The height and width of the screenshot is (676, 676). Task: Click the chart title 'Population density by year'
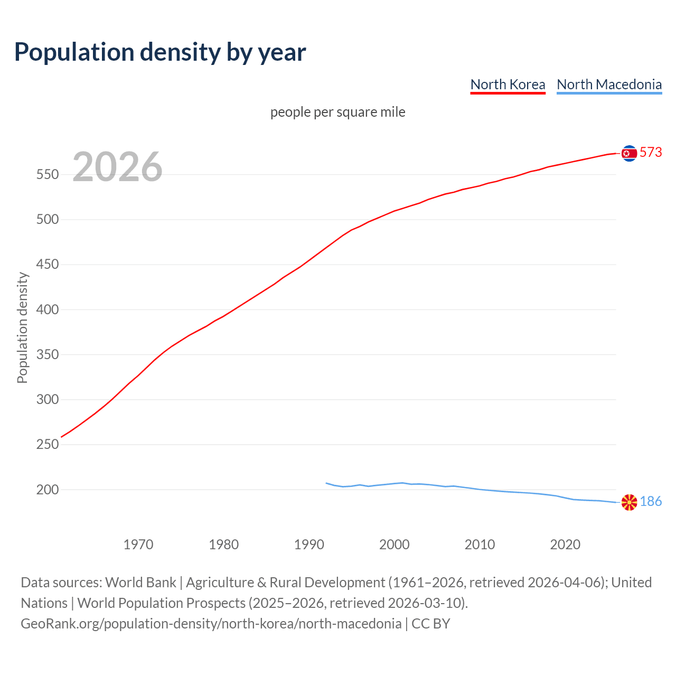pos(160,52)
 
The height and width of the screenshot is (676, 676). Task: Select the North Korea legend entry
pos(508,84)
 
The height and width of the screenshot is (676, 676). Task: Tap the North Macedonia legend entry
pos(609,84)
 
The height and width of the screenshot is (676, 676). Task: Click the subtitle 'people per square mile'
pos(337,112)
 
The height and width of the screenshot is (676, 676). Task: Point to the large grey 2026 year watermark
pos(117,167)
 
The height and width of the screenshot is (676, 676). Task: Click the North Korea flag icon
pos(629,153)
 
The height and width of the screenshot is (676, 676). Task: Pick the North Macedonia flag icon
pos(629,502)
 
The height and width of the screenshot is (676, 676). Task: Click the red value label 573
pos(651,153)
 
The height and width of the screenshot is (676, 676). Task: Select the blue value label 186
pos(651,502)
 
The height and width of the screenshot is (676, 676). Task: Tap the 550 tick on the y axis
pos(47,175)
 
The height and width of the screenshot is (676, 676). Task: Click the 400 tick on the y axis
pos(47,309)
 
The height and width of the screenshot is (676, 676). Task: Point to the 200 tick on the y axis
pos(47,490)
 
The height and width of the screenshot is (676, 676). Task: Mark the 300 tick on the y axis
pos(47,400)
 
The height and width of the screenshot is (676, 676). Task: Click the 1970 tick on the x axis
pos(138,544)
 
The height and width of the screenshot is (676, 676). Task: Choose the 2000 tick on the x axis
pos(395,544)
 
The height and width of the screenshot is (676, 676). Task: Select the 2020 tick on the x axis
pos(565,544)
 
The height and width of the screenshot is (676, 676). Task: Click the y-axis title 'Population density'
pos(22,327)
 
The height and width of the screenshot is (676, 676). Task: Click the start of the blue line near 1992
pos(326,483)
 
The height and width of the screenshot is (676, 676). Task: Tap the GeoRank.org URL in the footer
pos(211,624)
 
